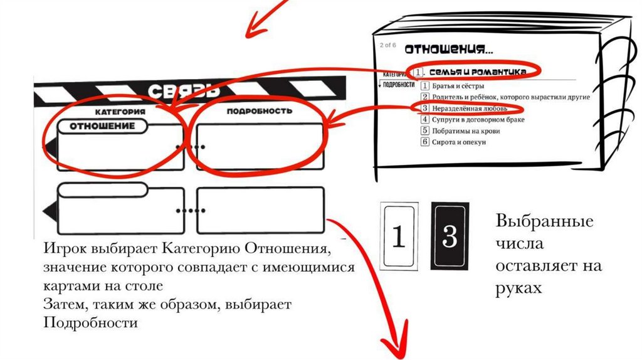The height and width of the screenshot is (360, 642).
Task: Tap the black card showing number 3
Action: [450, 236]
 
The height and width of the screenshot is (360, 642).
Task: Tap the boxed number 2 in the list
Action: [425, 97]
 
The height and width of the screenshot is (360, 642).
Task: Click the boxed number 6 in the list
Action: [425, 142]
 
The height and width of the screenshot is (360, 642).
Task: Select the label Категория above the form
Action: [120, 111]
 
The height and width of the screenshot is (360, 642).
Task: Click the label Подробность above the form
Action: [259, 111]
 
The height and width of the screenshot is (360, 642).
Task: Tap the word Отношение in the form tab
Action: [102, 126]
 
